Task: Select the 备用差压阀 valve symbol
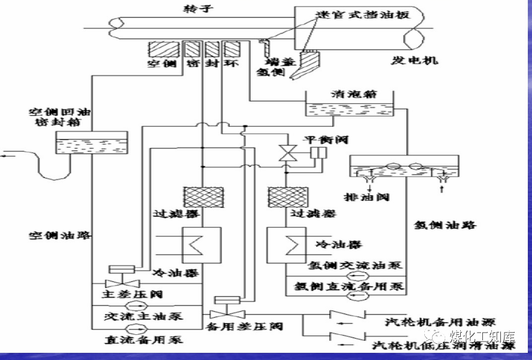[226, 313]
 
